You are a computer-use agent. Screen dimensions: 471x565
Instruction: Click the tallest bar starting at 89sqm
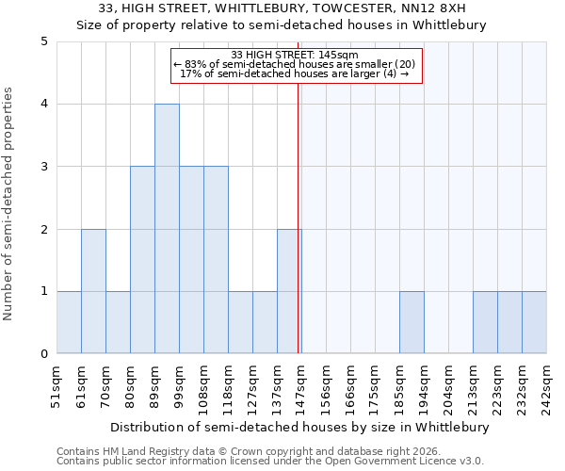167,229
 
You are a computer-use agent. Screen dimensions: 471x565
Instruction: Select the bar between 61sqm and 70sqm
93,291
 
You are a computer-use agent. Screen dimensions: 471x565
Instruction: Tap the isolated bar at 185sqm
412,322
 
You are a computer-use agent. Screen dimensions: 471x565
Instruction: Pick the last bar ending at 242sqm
534,322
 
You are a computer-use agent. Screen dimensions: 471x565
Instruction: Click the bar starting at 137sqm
289,291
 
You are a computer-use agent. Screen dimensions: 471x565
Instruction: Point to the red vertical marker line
298,217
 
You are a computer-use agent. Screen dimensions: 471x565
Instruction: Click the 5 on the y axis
44,41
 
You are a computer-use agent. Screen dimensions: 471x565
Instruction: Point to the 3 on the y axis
44,167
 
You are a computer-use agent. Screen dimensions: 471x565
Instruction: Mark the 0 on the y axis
44,354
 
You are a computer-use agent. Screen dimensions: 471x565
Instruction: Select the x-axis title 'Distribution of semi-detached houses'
300,427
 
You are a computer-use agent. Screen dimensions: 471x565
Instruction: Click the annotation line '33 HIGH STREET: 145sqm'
295,55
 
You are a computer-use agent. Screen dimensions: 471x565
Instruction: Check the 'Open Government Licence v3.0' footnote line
270,462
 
